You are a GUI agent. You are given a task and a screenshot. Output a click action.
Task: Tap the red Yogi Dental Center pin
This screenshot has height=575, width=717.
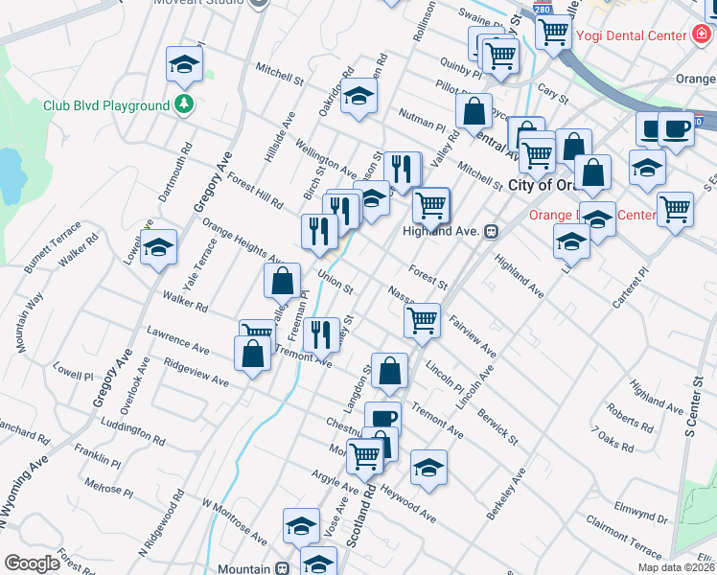click(702, 35)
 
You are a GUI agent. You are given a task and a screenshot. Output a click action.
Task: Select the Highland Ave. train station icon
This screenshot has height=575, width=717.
click(491, 231)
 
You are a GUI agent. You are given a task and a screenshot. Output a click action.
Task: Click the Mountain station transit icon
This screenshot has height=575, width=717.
click(282, 568)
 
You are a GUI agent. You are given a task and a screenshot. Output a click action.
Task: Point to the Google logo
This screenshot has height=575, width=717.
click(32, 563)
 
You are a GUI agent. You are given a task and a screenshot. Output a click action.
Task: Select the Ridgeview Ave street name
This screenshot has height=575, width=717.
click(196, 373)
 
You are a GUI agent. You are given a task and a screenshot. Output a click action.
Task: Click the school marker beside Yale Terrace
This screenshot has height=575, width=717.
click(158, 247)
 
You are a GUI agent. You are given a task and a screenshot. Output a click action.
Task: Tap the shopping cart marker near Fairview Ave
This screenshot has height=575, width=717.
click(422, 321)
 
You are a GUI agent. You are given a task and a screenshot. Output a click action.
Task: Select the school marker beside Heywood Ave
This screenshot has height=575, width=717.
click(428, 468)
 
